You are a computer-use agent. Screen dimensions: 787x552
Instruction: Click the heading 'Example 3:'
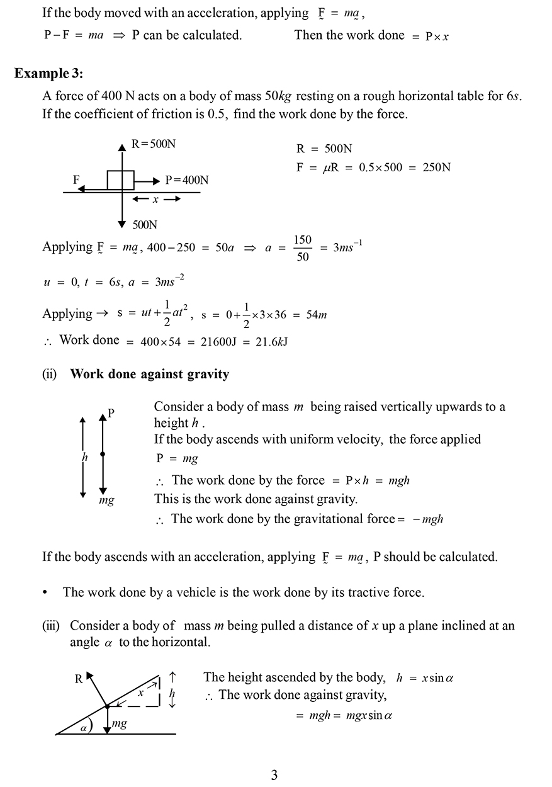(48, 74)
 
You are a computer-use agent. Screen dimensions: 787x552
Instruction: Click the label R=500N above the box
(154, 144)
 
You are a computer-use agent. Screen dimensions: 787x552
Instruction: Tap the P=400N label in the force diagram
(187, 180)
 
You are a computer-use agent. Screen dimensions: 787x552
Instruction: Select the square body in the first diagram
(120, 179)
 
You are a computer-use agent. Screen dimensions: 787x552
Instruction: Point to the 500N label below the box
(145, 225)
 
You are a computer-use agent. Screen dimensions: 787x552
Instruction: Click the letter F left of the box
(76, 179)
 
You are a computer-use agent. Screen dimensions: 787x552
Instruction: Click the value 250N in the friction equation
(437, 167)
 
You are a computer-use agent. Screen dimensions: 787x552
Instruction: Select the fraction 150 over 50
(303, 248)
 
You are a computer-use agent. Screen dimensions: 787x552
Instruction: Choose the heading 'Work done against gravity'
(150, 375)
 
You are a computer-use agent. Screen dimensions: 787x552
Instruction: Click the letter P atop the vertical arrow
(111, 413)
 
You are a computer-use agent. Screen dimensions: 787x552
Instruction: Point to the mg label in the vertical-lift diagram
(106, 501)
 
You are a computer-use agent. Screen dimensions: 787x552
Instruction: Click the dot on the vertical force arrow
(103, 454)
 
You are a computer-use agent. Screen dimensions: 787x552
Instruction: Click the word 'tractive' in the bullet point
(354, 592)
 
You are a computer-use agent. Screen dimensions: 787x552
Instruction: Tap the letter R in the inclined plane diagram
(79, 679)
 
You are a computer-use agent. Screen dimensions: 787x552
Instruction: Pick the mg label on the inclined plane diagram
(119, 724)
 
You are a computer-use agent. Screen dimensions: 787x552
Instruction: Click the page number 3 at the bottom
(274, 775)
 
